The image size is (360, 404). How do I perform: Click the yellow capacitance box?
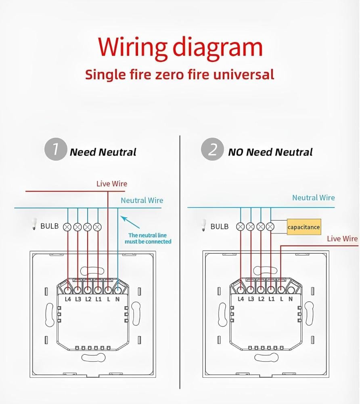click(x=304, y=227)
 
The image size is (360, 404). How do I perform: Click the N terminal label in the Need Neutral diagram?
click(x=117, y=299)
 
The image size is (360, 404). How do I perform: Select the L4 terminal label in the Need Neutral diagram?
click(x=68, y=299)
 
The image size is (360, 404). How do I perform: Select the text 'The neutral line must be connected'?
click(x=147, y=238)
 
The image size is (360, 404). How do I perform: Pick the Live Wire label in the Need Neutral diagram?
click(x=112, y=184)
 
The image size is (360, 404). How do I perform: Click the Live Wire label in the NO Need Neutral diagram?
click(x=342, y=238)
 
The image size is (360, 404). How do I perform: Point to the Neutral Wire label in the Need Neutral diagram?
click(x=142, y=200)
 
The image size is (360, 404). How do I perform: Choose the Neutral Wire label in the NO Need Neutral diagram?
click(x=314, y=198)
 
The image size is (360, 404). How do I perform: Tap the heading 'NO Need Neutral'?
click(x=270, y=152)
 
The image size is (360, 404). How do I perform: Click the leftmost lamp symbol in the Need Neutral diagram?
click(x=67, y=227)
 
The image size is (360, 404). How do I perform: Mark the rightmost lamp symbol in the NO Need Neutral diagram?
click(x=271, y=227)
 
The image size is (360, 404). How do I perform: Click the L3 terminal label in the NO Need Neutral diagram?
click(x=251, y=299)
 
